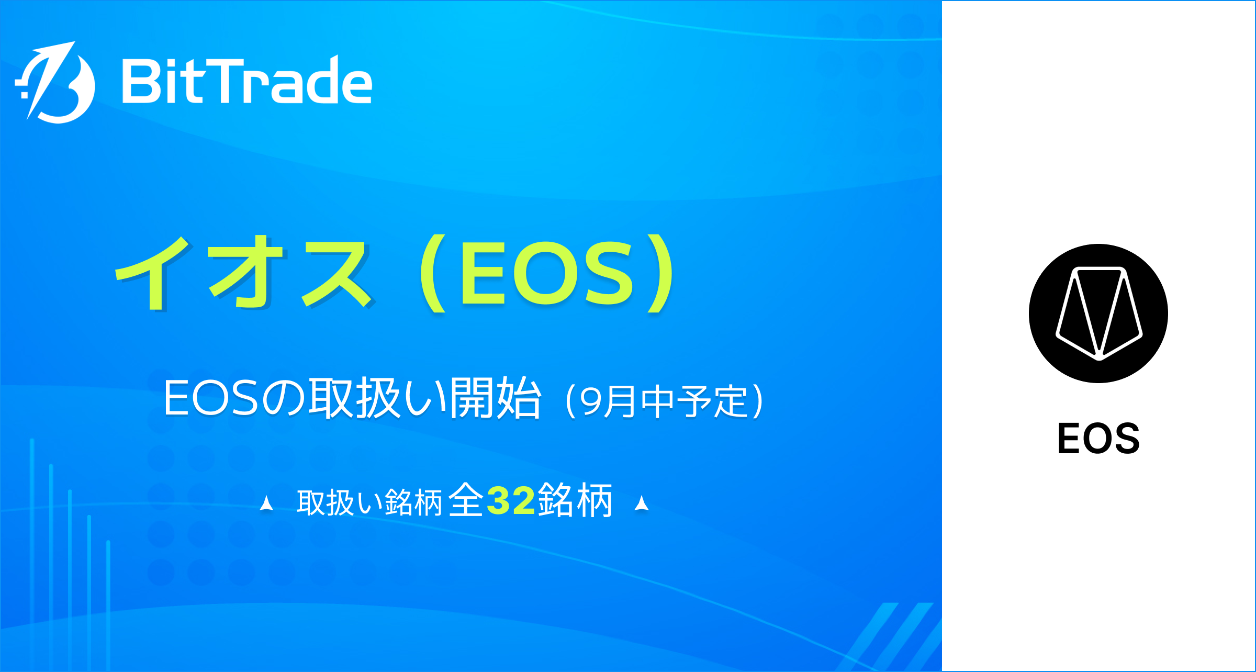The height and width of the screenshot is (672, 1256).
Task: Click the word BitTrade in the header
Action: pos(246,81)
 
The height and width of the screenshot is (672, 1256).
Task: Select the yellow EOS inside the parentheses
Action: pos(547,273)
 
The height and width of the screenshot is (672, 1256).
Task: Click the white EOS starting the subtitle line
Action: pos(211,399)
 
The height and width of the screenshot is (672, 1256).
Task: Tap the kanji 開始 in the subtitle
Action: pos(495,399)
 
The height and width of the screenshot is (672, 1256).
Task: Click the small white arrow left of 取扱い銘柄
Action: pos(266,503)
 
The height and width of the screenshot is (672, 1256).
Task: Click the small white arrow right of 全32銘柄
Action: pos(642,503)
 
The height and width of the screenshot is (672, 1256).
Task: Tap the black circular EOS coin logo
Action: pos(1098,313)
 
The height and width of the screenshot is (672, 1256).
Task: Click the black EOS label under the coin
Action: pos(1098,439)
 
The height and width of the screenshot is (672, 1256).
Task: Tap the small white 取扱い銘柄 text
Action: pos(369,503)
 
